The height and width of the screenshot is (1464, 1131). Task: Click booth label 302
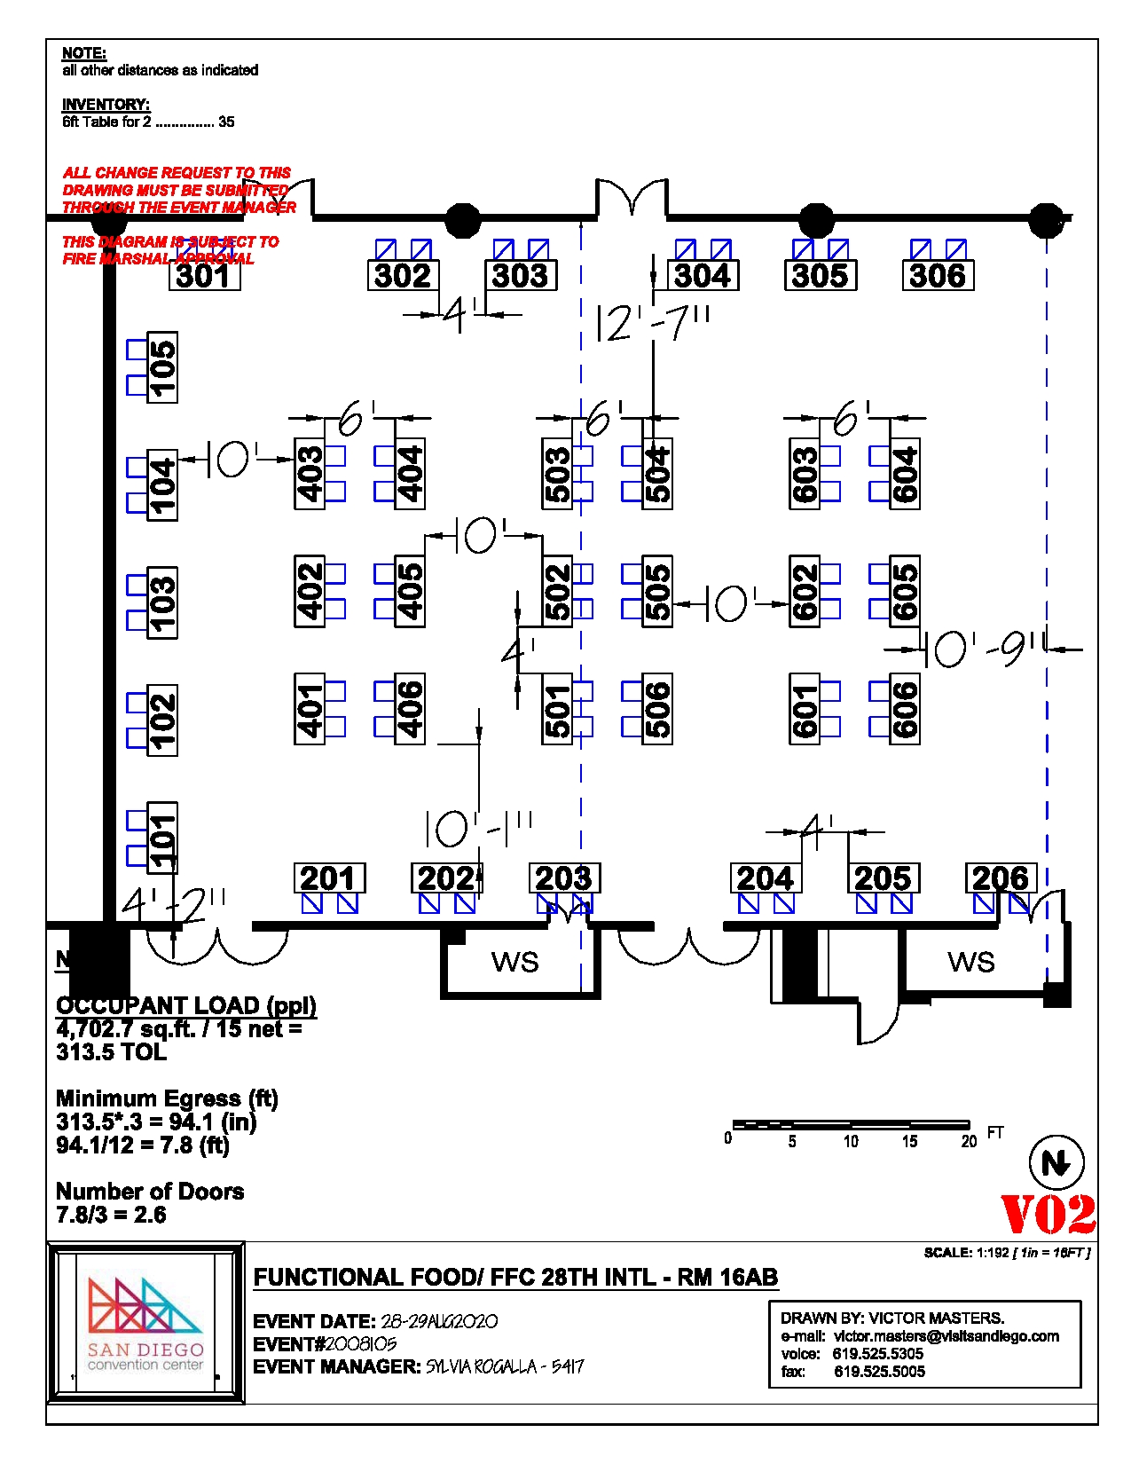[x=403, y=275]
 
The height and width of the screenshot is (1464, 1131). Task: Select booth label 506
[x=657, y=709]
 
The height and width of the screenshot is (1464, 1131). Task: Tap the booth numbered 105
[x=162, y=367]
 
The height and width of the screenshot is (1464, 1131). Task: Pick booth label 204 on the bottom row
[x=765, y=878]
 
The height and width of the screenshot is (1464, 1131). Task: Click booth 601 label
[x=805, y=709]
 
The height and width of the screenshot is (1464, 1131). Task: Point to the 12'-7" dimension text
[x=652, y=323]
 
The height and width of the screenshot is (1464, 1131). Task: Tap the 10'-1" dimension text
[x=478, y=829]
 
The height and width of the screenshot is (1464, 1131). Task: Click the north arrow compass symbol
[x=1056, y=1162]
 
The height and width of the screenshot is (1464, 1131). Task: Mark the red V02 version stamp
[x=1048, y=1215]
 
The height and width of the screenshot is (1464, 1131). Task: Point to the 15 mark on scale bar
[x=909, y=1142]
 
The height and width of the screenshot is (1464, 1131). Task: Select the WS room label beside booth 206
[x=970, y=962]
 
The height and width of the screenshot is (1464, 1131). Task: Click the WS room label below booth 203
[x=514, y=962]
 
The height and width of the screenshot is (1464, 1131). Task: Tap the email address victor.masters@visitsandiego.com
[x=946, y=1336]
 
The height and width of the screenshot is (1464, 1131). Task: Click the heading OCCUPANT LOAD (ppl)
[x=185, y=1005]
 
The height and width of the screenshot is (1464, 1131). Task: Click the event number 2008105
[x=360, y=1344]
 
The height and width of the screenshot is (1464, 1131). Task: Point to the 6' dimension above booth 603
[x=846, y=417]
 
